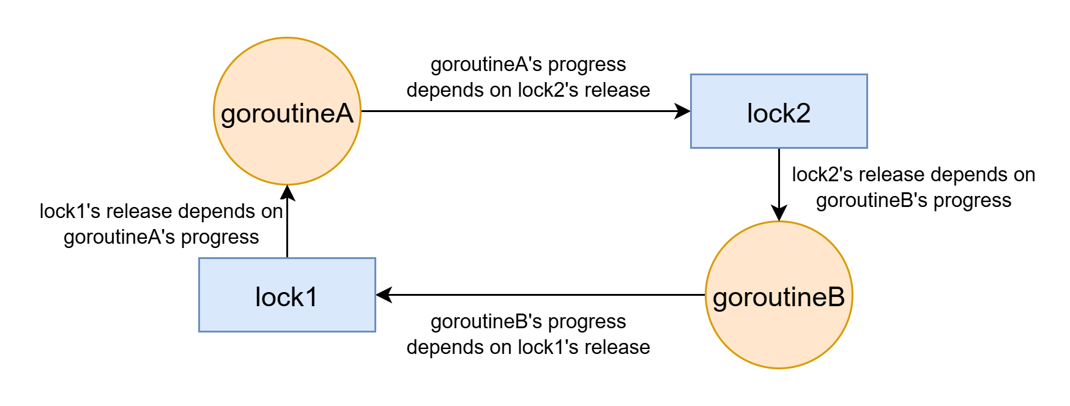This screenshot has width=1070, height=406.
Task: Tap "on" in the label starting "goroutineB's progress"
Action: [500, 347]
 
